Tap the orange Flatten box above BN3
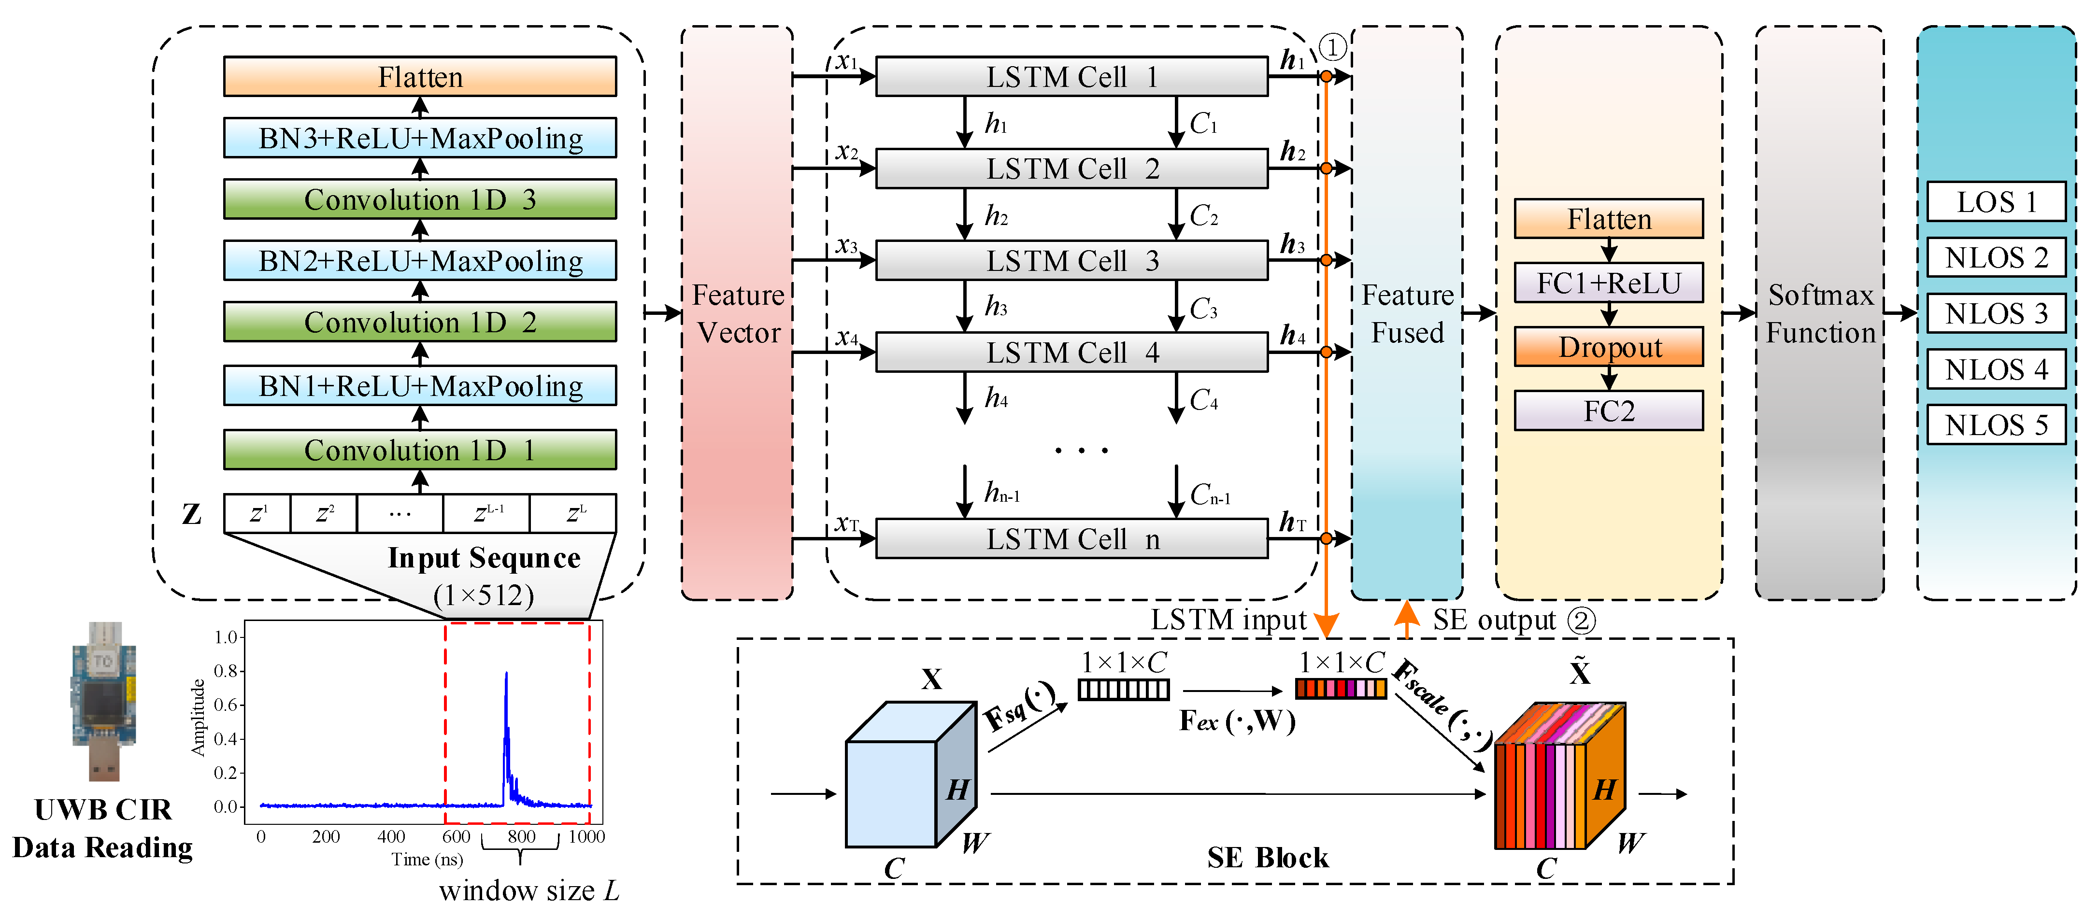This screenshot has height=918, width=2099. pos(420,77)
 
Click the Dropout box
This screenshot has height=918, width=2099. pos(1609,347)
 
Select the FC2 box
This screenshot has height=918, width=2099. pos(1609,410)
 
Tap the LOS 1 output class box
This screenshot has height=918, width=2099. pos(1996,201)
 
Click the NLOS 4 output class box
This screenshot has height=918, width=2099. pos(1996,369)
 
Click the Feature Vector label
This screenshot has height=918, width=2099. pos(737,313)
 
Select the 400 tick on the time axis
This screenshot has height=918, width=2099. pos(391,836)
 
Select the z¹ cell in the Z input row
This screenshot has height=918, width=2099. pos(257,513)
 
